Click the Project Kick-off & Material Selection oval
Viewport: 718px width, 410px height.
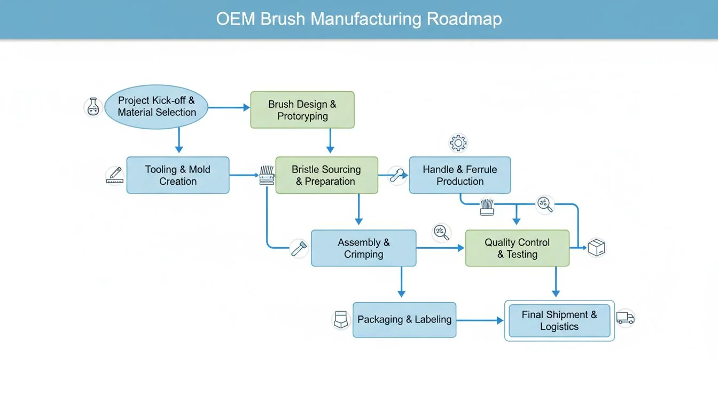[x=155, y=106]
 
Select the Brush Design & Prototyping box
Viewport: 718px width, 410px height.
[x=302, y=110]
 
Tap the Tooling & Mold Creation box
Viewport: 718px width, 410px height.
[x=178, y=175]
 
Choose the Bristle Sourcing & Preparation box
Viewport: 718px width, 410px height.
[x=326, y=175]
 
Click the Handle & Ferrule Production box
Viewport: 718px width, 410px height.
[x=460, y=175]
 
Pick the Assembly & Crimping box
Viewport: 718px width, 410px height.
[x=363, y=248]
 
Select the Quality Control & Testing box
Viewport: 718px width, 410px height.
[x=517, y=248]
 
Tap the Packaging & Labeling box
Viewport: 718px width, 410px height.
[x=404, y=320]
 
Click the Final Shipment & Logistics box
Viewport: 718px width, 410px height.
[x=559, y=321]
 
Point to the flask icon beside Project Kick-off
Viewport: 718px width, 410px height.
[x=93, y=107]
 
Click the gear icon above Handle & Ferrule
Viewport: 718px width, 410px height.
[x=458, y=143]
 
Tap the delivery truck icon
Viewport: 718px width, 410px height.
[x=625, y=318]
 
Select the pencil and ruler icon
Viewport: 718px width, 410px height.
[x=115, y=175]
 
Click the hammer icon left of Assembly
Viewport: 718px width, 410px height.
[x=299, y=248]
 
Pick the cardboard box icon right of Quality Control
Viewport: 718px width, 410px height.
[x=596, y=248]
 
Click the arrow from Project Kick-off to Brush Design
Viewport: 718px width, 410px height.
[x=229, y=108]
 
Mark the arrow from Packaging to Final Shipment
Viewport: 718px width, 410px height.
[x=480, y=320]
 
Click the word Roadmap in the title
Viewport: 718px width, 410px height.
[x=464, y=19]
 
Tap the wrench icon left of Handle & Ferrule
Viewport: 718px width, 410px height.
[x=396, y=175]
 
